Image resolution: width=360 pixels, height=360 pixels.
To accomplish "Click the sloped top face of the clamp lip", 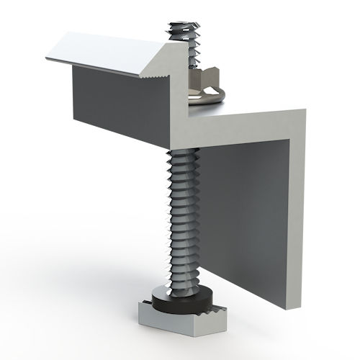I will coord(108,55).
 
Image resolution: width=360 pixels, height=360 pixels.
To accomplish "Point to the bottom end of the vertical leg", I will coord(292,307).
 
